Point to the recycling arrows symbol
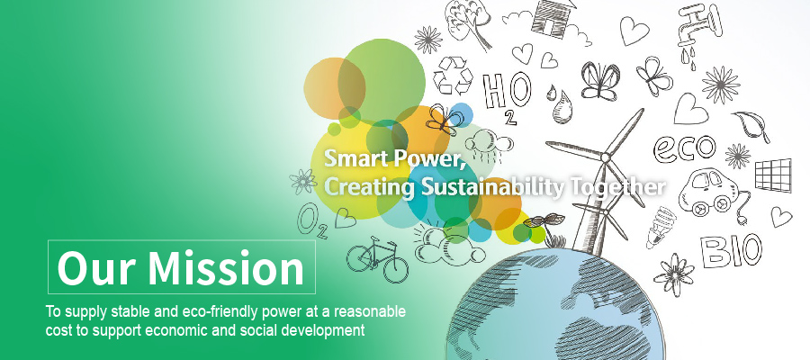(x=453, y=76)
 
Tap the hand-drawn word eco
(x=685, y=148)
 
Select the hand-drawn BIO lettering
(x=731, y=250)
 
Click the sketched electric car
(x=706, y=191)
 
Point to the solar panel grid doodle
(x=773, y=175)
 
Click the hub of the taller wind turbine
(x=605, y=155)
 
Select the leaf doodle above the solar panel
(x=752, y=124)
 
